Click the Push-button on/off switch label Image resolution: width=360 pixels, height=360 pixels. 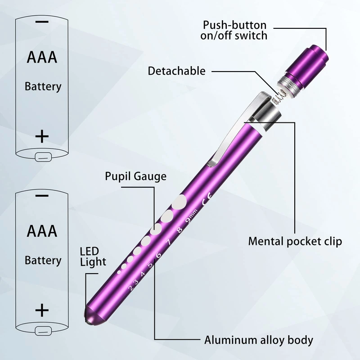tap(234, 30)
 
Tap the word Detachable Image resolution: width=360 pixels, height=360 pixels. tap(176, 71)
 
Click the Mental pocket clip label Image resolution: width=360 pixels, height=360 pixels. tap(295, 241)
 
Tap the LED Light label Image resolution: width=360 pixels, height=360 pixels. tap(93, 256)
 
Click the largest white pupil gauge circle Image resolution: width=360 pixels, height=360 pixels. tap(180, 201)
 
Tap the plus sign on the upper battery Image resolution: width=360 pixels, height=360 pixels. tap(42, 135)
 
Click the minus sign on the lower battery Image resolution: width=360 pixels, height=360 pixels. tap(42, 196)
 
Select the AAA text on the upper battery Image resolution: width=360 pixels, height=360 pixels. tap(42, 58)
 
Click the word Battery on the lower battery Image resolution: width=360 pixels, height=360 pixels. tap(43, 260)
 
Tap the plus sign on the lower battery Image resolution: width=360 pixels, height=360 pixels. tap(42, 310)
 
